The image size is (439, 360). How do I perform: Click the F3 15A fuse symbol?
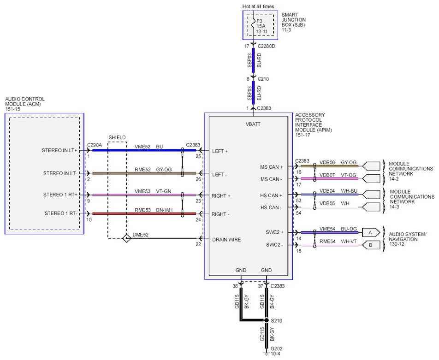pos(253,23)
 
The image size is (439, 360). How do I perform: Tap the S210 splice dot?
pos(266,320)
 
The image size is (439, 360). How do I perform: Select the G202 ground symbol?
pos(266,353)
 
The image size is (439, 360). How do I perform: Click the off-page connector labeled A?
pos(371,232)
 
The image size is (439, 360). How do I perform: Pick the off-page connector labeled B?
pos(371,245)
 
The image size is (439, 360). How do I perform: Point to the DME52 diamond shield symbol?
pos(126,238)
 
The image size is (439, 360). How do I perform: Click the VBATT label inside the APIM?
pos(253,124)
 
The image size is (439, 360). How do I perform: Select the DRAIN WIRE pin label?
pos(226,240)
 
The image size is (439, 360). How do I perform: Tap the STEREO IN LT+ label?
pos(59,150)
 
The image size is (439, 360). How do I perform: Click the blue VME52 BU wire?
pos(144,150)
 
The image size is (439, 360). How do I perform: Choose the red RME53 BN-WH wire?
pos(144,213)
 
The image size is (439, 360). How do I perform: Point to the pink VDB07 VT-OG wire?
pos(330,178)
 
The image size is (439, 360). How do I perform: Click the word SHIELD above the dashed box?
pos(117,137)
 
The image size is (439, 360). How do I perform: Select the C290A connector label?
pos(95,145)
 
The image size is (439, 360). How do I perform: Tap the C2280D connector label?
pos(266,46)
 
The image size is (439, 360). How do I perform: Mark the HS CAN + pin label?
pos(271,195)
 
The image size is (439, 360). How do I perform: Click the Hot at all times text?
pos(258,6)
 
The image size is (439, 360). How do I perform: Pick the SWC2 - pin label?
pos(274,245)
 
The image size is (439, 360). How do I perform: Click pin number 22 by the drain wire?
pos(198,244)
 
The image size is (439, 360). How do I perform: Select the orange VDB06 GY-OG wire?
pos(330,166)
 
